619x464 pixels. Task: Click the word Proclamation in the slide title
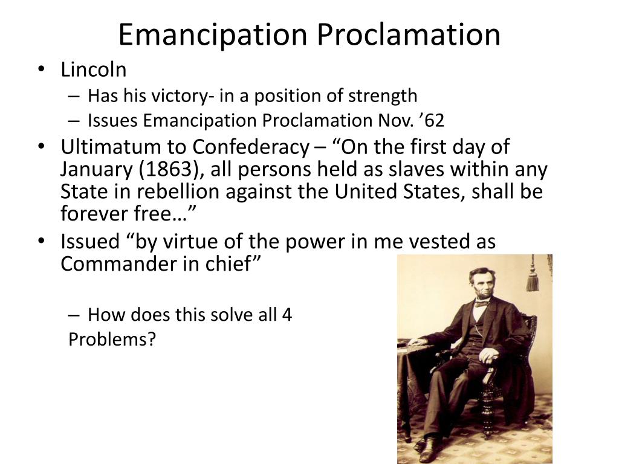click(x=409, y=34)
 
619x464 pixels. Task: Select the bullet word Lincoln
click(x=94, y=69)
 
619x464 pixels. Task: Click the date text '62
click(x=433, y=121)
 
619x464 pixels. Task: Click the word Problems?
click(x=112, y=340)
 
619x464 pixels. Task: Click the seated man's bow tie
click(x=481, y=303)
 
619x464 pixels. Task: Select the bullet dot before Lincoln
click(x=41, y=69)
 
